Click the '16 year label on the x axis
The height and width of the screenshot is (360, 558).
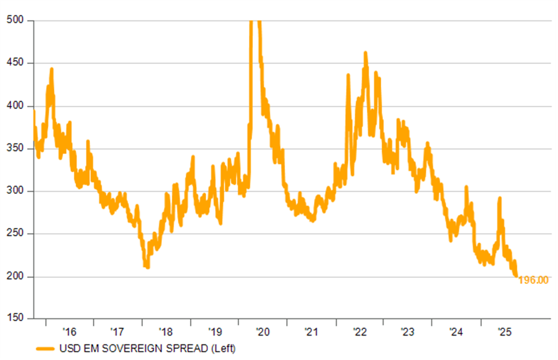pos(69,332)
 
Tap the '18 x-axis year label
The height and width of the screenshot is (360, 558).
pos(166,332)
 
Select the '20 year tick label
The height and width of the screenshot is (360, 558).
pos(263,332)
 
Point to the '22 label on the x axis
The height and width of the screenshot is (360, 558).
pos(360,332)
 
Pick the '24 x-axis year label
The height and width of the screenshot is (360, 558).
pos(456,332)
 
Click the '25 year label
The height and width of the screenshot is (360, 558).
pos(504,332)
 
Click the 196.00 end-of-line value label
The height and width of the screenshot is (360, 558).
pos(534,280)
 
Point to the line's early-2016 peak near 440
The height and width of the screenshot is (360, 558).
pos(51,69)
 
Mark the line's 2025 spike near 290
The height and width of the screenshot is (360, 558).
pos(500,198)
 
